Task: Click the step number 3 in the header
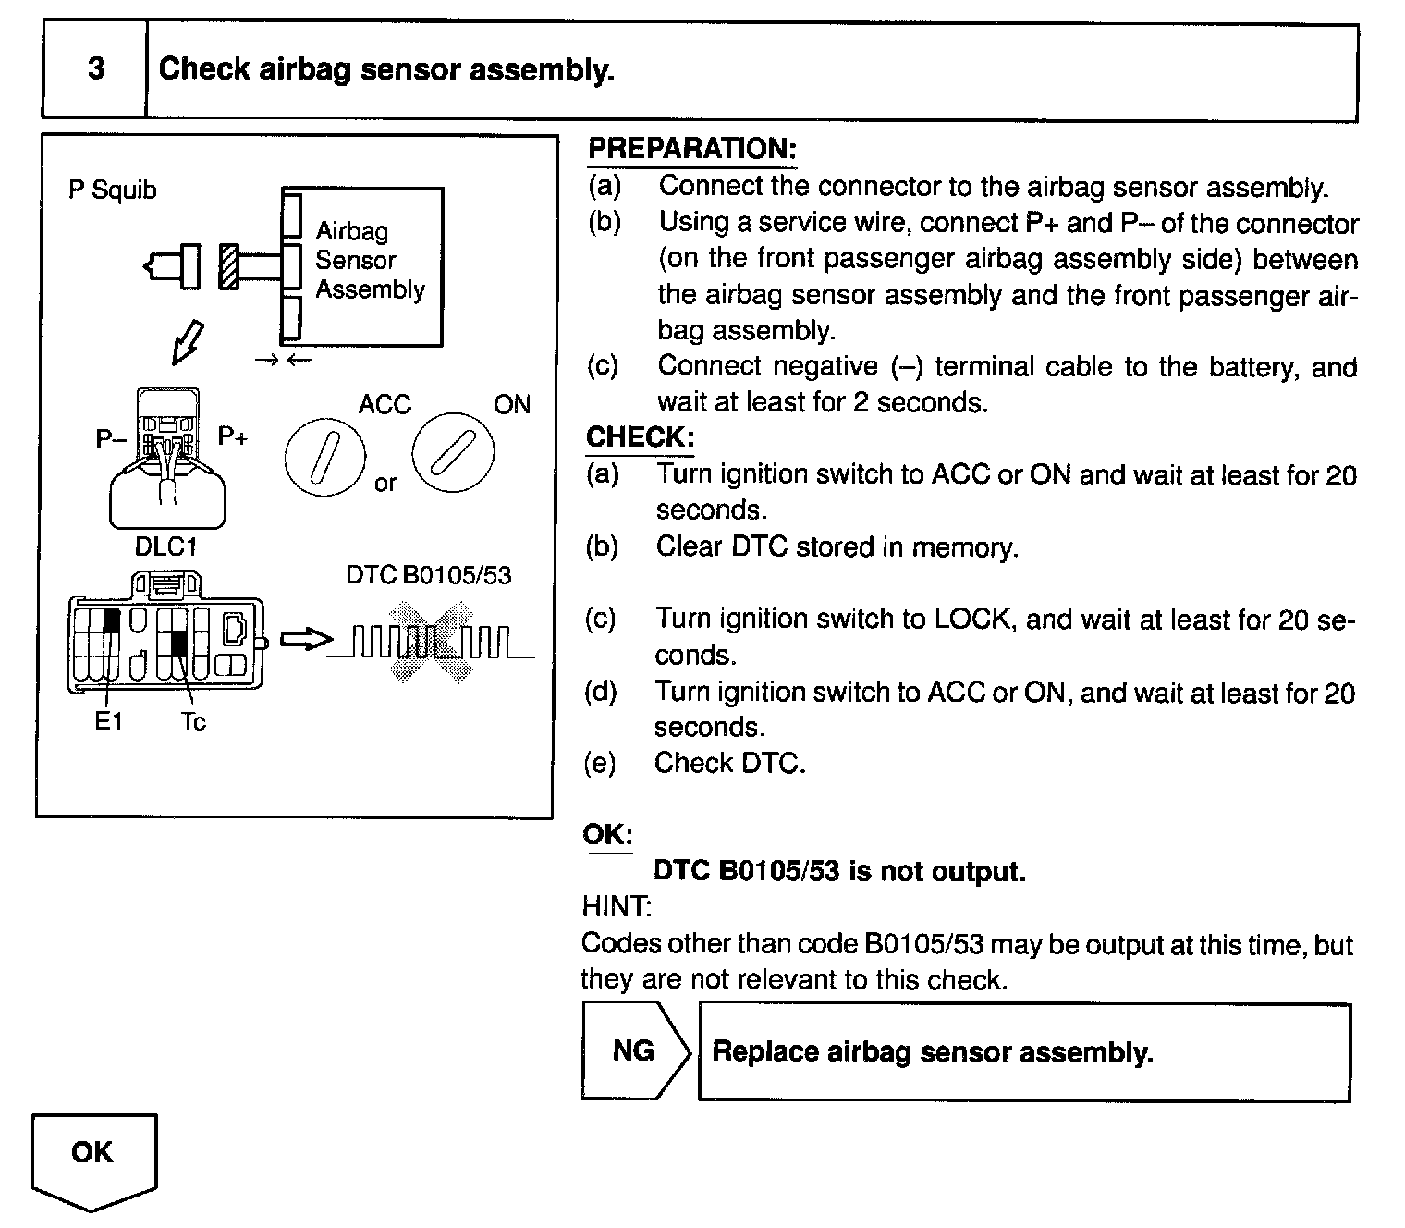(96, 69)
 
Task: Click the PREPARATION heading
(691, 149)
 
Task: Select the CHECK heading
(640, 437)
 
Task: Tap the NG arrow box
(635, 1050)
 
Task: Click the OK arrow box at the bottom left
(93, 1156)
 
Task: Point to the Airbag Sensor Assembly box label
(369, 261)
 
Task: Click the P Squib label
(113, 190)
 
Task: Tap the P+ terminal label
(233, 436)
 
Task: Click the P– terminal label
(110, 438)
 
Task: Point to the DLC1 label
(165, 546)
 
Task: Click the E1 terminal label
(108, 721)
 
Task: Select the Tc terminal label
(193, 721)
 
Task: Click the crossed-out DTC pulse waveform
(431, 641)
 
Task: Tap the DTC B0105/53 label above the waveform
(428, 575)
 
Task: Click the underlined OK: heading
(607, 835)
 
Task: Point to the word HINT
(617, 907)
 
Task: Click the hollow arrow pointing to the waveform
(304, 640)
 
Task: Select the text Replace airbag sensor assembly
(933, 1052)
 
